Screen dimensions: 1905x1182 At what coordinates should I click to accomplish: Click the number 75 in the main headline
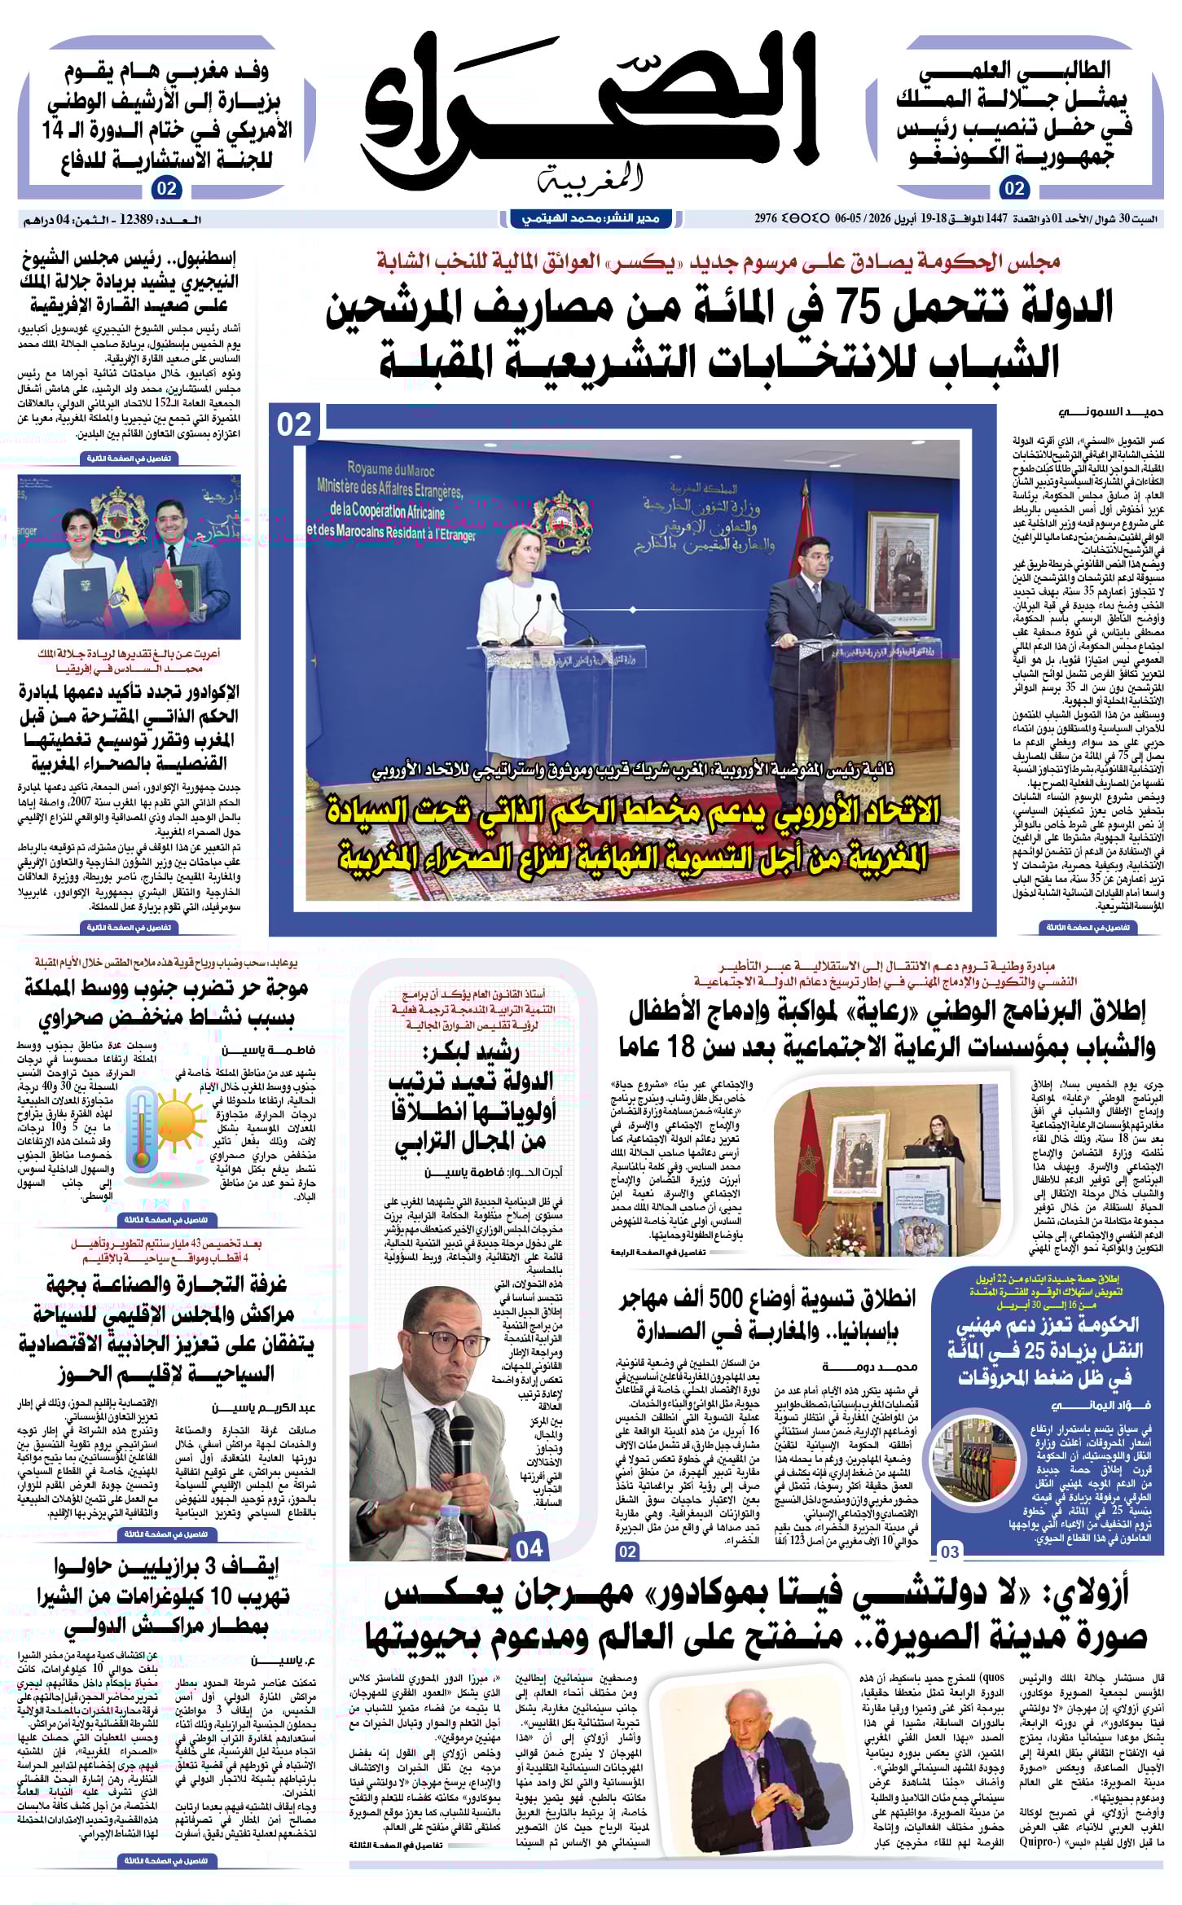[x=879, y=309]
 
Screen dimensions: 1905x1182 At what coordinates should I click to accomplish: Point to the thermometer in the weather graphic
[x=143, y=1132]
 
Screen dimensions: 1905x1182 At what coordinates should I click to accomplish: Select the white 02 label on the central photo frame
[x=294, y=424]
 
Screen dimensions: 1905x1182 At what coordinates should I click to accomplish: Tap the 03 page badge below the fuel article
[x=950, y=1552]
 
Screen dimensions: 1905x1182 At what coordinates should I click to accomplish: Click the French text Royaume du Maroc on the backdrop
[x=390, y=469]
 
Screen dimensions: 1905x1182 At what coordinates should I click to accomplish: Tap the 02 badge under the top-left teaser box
[x=166, y=189]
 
